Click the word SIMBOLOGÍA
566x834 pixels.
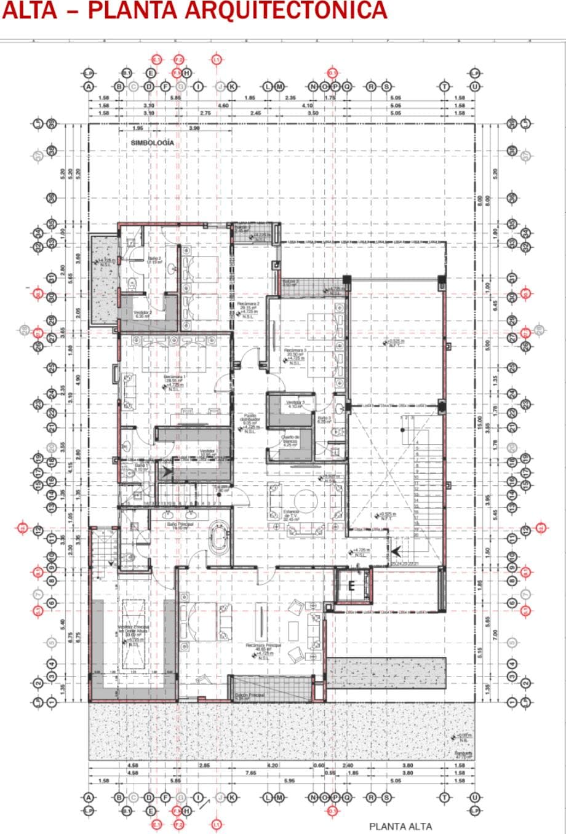[152, 143]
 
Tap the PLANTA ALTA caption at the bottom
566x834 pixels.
[401, 826]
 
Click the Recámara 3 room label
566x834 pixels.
[295, 351]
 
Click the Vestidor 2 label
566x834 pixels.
[142, 312]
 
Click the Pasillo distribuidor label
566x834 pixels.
[250, 418]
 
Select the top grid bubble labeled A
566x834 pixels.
[89, 87]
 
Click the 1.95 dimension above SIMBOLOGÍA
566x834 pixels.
[138, 129]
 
